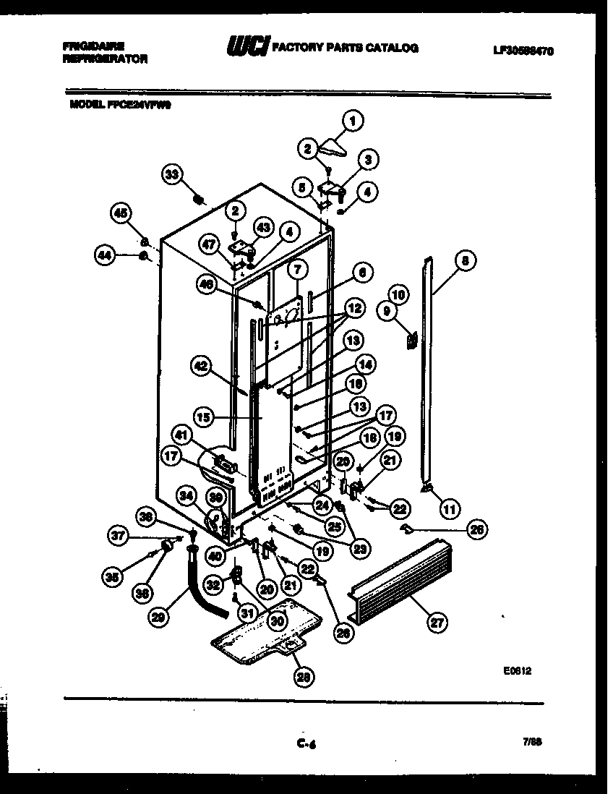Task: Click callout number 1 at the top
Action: pyautogui.click(x=352, y=121)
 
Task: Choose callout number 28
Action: pyautogui.click(x=304, y=677)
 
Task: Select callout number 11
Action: pyautogui.click(x=450, y=510)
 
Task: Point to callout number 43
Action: pyautogui.click(x=262, y=227)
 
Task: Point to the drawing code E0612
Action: pyautogui.click(x=518, y=670)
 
